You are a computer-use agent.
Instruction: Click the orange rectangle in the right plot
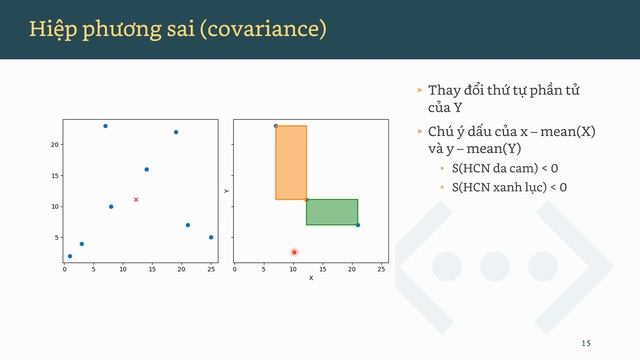tap(291, 162)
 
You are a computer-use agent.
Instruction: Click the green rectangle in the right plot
tap(332, 212)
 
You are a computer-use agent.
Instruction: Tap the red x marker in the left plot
tap(136, 199)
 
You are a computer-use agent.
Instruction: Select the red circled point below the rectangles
tap(294, 252)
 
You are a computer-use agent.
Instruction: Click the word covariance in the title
tap(264, 29)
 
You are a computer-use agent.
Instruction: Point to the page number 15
tap(586, 343)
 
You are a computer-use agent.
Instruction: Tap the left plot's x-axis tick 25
tap(211, 269)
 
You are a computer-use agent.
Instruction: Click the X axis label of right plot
tap(311, 278)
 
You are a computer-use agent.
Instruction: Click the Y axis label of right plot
tap(227, 190)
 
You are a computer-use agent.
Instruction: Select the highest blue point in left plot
tap(105, 126)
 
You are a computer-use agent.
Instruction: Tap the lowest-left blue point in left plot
tap(69, 256)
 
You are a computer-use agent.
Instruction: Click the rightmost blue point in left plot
tap(211, 237)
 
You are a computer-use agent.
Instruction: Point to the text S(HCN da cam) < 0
tap(505, 168)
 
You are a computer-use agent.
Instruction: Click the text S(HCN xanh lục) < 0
tap(509, 186)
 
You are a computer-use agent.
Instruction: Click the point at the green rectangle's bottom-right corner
tap(357, 225)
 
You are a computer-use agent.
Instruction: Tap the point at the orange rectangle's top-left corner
tap(276, 126)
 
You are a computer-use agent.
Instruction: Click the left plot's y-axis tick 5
tap(57, 238)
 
